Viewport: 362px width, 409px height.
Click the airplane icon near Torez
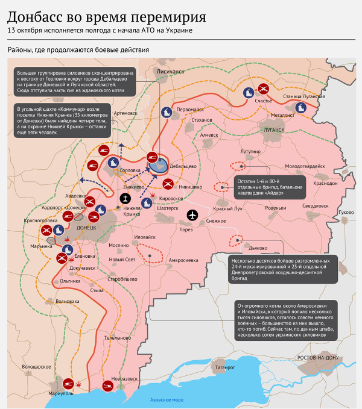click(192, 215)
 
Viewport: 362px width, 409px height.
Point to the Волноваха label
click(67, 301)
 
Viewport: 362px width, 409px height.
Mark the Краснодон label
click(326, 183)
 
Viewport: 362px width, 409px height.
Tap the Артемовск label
click(125, 113)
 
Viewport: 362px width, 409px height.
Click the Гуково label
click(346, 212)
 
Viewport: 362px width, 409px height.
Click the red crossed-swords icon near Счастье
click(264, 89)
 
